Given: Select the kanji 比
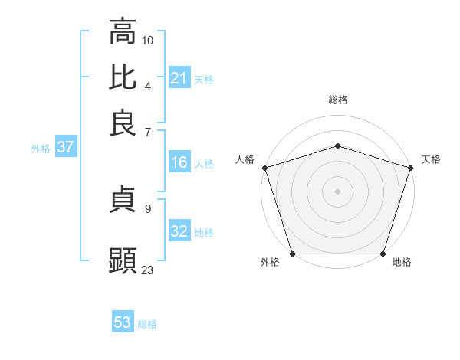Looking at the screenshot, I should point(123,77).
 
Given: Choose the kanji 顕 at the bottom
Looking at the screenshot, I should point(123,260).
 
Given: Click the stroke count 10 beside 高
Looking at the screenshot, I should point(148,40).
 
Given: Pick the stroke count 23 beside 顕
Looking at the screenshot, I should point(148,269).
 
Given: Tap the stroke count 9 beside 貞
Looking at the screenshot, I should point(147,208).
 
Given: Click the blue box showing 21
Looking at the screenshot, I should point(179,78).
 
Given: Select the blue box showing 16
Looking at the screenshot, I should point(179,162).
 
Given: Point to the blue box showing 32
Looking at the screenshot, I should point(179,231).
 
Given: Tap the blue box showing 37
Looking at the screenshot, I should point(65,147).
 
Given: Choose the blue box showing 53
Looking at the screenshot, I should point(123,322).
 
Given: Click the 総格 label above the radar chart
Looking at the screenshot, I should point(337,100).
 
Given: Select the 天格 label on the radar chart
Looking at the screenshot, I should point(431,159).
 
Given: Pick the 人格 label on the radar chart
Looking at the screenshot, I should point(245,159).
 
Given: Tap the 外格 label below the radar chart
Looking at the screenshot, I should point(270,263).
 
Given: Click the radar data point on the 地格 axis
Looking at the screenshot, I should point(383,254).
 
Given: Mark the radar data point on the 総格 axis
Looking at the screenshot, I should point(337,146).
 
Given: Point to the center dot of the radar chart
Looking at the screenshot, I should point(337,191).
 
